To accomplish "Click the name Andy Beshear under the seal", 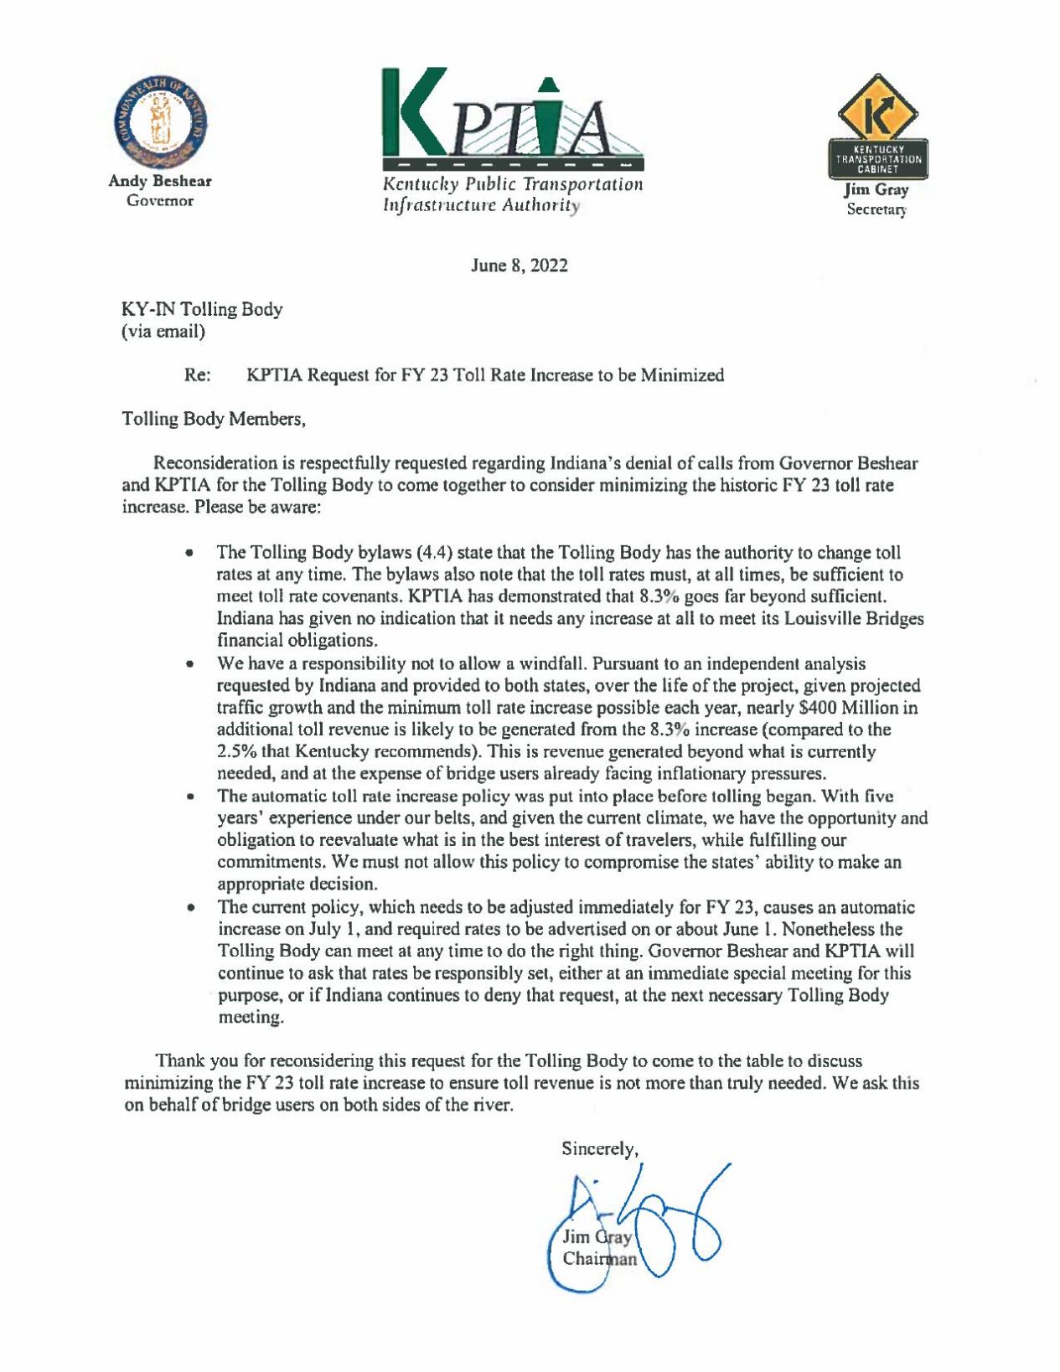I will pos(160,181).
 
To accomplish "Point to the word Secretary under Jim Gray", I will pos(876,209).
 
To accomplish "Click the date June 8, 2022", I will pos(520,266).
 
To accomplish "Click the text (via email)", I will pos(163,332).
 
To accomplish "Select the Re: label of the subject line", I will pos(197,375).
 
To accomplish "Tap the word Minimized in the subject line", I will pos(682,375).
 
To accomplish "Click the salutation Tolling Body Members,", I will pos(214,419).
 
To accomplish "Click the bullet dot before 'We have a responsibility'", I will pos(191,664).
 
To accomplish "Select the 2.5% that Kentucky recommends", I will pos(238,751).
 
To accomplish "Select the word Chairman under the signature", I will pos(599,1259).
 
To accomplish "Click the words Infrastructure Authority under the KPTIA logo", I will pos(481,205).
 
